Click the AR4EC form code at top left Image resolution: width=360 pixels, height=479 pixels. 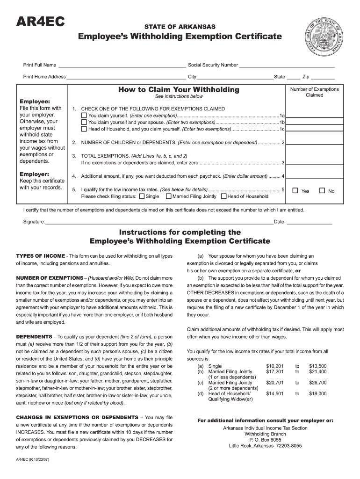pyautogui.click(x=40, y=23)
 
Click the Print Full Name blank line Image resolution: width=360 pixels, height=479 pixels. pyautogui.click(x=122, y=65)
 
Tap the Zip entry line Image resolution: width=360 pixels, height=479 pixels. pyautogui.click(x=323, y=76)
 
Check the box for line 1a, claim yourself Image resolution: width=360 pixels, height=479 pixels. pyautogui.click(x=84, y=116)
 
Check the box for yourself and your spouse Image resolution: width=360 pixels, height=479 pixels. pyautogui.click(x=84, y=122)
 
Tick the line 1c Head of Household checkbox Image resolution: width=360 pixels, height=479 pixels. pyautogui.click(x=84, y=129)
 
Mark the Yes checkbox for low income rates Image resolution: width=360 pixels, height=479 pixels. pyautogui.click(x=295, y=190)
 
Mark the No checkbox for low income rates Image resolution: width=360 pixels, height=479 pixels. pyautogui.click(x=322, y=190)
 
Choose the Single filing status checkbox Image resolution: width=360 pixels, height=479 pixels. pyautogui.click(x=142, y=196)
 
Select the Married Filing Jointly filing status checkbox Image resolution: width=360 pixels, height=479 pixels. pyautogui.click(x=168, y=196)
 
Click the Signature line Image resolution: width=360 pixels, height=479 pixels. pyautogui.click(x=159, y=221)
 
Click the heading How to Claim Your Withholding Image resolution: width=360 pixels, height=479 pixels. pyautogui.click(x=179, y=89)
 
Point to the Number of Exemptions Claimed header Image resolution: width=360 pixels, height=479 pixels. pyautogui.click(x=314, y=92)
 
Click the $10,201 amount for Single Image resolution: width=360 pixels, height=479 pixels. pyautogui.click(x=275, y=366)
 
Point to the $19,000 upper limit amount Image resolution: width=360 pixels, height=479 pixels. pyautogui.click(x=317, y=394)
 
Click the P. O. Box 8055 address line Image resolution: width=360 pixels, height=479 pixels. pyautogui.click(x=265, y=440)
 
